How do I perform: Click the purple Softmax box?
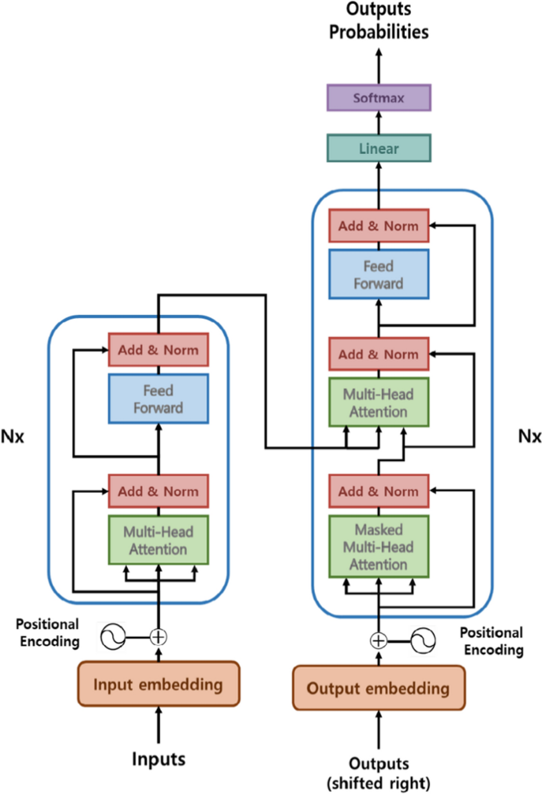click(379, 98)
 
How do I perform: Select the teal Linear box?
click(379, 148)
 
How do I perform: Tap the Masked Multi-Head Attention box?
click(379, 547)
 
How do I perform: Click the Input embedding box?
click(158, 684)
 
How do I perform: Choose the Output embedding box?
click(379, 688)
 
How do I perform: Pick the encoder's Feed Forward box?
click(158, 399)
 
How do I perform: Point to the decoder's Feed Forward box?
click(379, 274)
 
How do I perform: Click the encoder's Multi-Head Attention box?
click(158, 540)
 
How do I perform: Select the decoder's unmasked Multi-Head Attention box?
click(379, 403)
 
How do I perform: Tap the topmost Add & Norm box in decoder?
click(379, 226)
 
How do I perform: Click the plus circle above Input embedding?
click(158, 637)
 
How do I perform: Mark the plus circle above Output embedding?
click(378, 640)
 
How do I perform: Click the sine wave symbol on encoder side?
click(113, 637)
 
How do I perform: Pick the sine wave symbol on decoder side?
click(423, 640)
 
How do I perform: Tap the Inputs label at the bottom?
click(158, 759)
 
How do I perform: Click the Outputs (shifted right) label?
click(379, 773)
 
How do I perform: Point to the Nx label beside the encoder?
click(12, 437)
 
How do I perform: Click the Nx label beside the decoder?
click(529, 436)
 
